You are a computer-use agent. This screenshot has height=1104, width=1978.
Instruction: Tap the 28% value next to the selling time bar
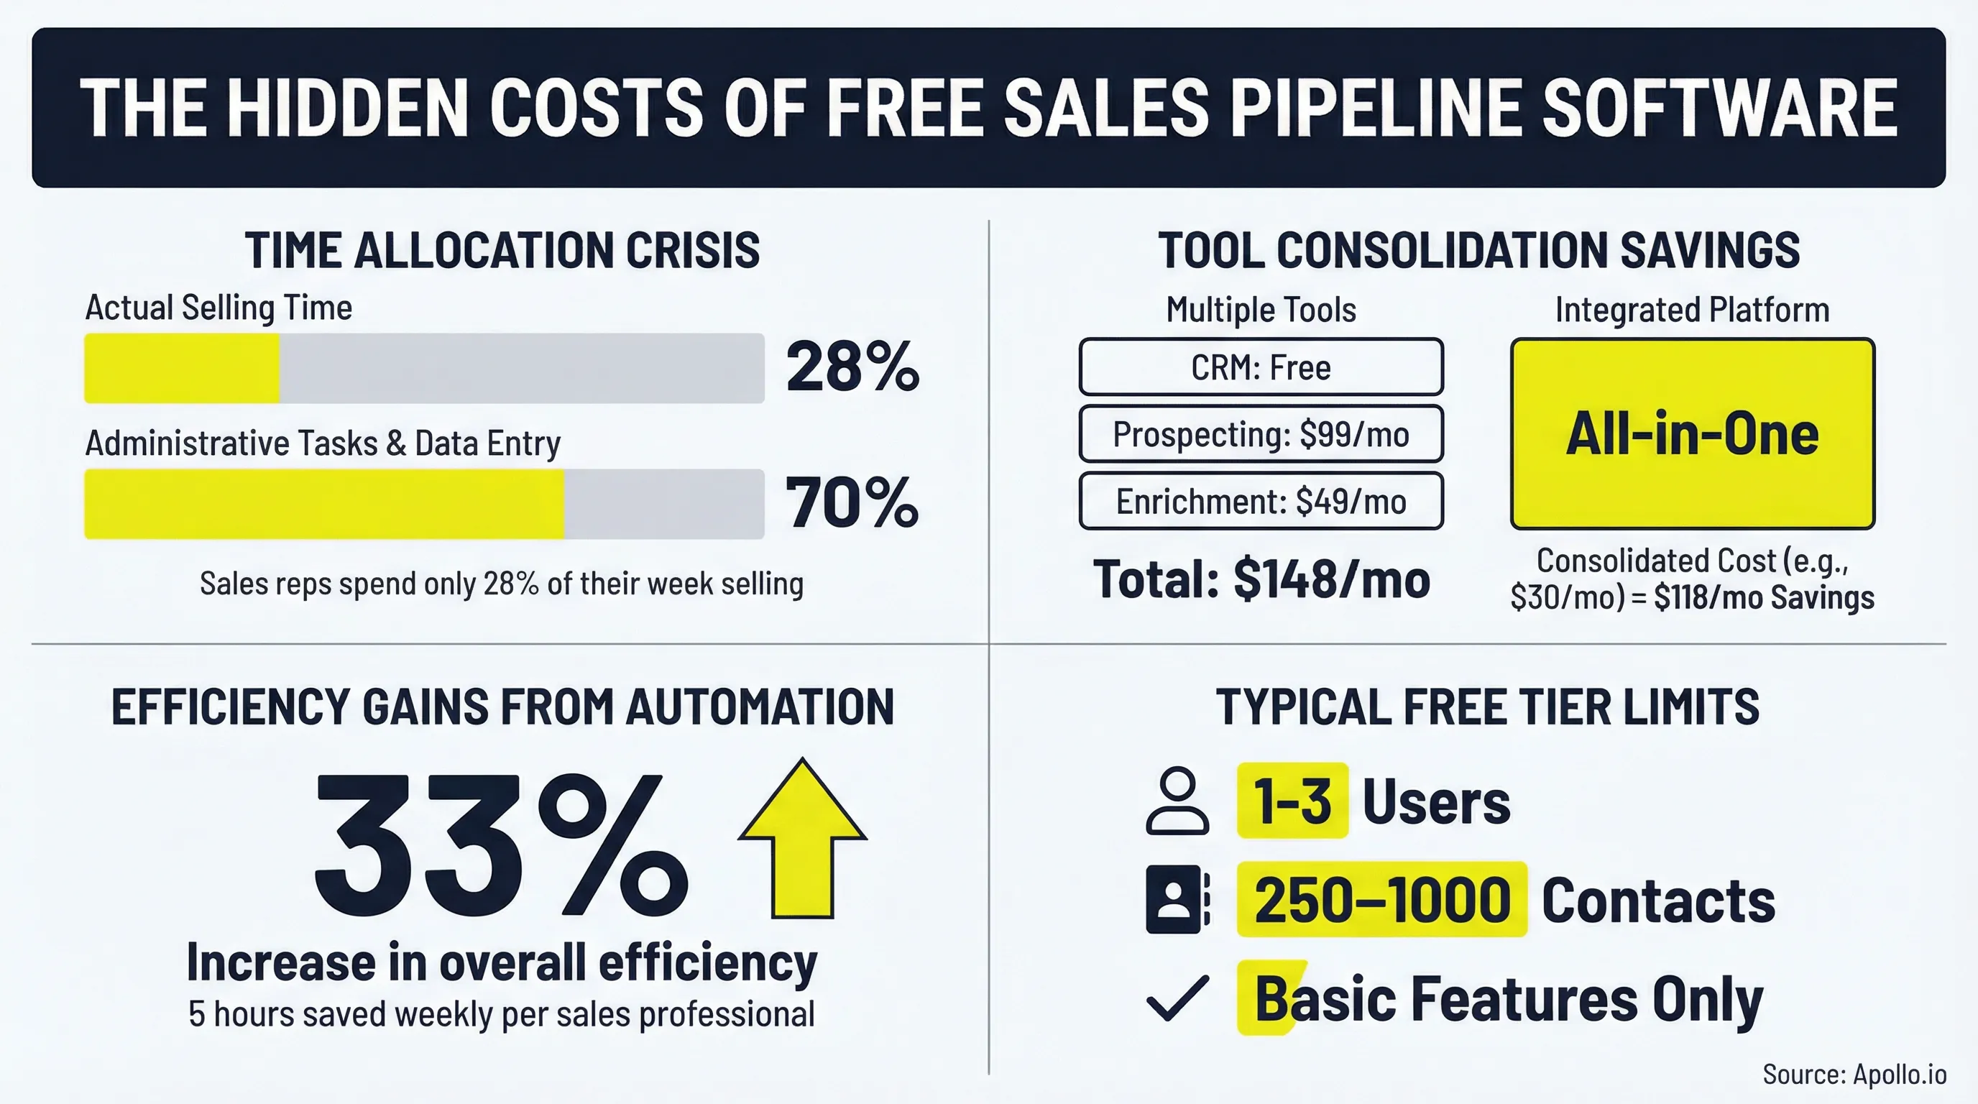point(852,367)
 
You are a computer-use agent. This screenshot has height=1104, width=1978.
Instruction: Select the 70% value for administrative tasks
point(852,503)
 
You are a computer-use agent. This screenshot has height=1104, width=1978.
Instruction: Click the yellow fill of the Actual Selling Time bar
point(181,368)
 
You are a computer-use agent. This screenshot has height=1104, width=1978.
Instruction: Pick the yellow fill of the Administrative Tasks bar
point(323,504)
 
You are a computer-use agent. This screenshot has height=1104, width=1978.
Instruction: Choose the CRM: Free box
point(1261,367)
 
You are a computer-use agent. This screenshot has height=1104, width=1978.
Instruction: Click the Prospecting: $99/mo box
point(1261,435)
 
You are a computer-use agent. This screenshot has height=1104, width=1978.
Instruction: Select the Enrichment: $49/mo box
point(1261,502)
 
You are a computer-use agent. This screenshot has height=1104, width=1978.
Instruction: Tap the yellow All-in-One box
point(1693,434)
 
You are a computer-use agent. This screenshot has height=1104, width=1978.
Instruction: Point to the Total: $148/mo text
point(1261,579)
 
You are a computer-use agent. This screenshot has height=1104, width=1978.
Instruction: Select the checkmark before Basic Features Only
point(1177,998)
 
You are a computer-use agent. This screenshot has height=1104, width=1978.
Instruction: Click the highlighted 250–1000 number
point(1381,900)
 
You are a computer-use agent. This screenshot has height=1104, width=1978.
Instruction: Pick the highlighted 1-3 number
point(1292,801)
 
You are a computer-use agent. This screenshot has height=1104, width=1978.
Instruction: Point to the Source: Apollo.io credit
point(1854,1074)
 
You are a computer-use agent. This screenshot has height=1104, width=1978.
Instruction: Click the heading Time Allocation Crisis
point(502,249)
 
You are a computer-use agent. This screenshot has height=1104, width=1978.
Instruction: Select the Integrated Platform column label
point(1693,309)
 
